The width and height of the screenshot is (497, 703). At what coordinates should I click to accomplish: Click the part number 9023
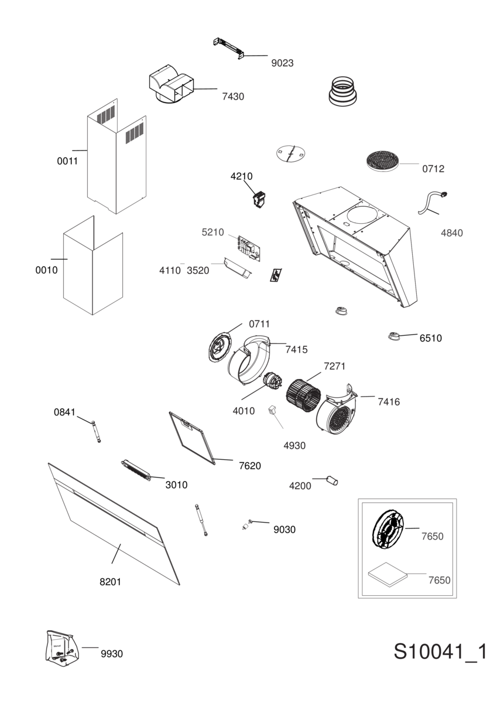(x=282, y=63)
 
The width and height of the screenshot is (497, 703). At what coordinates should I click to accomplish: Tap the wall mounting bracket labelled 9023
(x=228, y=48)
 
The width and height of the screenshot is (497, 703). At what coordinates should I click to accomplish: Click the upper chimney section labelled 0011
(x=116, y=156)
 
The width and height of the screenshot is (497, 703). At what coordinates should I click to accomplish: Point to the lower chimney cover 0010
(x=93, y=265)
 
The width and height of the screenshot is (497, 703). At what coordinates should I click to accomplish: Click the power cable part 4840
(x=433, y=203)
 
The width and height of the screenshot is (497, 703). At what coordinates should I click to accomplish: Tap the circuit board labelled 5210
(x=249, y=248)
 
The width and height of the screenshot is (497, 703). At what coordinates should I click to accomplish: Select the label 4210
(x=241, y=176)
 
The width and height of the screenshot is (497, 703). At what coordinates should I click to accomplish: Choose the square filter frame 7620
(x=192, y=438)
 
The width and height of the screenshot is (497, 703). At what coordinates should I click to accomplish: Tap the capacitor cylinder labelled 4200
(x=333, y=480)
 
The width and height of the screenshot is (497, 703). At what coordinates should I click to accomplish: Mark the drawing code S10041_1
(x=440, y=652)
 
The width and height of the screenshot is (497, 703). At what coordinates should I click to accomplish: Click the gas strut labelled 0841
(x=96, y=432)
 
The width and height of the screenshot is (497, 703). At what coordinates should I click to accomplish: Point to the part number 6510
(x=430, y=338)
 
